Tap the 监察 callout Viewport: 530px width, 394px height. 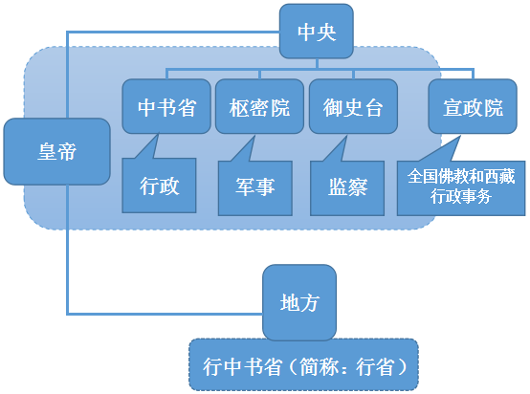pyautogui.click(x=345, y=186)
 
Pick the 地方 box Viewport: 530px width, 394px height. pyautogui.click(x=299, y=303)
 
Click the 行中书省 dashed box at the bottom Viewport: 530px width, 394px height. pyautogui.click(x=303, y=365)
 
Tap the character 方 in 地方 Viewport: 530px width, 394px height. pyautogui.click(x=311, y=303)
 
